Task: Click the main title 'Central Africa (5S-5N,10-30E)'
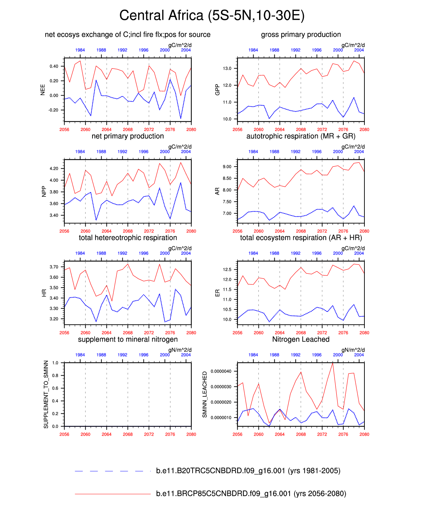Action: click(212, 16)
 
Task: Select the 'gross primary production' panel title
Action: click(301, 35)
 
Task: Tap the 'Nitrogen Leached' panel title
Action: click(301, 340)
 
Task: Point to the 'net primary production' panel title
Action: click(127, 136)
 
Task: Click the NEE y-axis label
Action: click(43, 90)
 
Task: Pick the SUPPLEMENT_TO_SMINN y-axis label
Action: click(46, 394)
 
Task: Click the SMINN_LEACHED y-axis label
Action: click(205, 394)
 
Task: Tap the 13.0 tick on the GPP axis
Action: click(227, 69)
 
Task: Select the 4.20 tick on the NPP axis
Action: click(54, 169)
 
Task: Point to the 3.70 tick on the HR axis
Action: click(54, 267)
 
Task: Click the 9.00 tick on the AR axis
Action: click(227, 167)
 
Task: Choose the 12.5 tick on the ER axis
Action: click(227, 270)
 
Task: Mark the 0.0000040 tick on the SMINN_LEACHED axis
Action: click(221, 371)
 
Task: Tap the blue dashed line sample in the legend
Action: click(113, 471)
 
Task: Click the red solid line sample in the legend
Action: click(113, 494)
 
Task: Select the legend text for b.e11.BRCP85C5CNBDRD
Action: click(251, 494)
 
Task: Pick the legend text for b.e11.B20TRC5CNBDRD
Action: click(248, 471)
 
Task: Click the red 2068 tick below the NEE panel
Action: click(128, 130)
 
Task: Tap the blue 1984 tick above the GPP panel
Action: click(253, 50)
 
